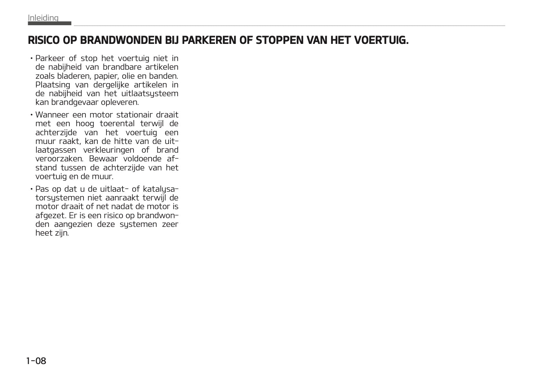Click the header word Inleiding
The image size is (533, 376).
pos(43,18)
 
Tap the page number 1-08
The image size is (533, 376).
pos(36,361)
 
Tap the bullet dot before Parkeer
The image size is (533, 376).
pos(32,59)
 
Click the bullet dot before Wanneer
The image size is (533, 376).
pos(32,115)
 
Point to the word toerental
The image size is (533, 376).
pos(117,124)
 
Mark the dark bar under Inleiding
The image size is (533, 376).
pos(49,24)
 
